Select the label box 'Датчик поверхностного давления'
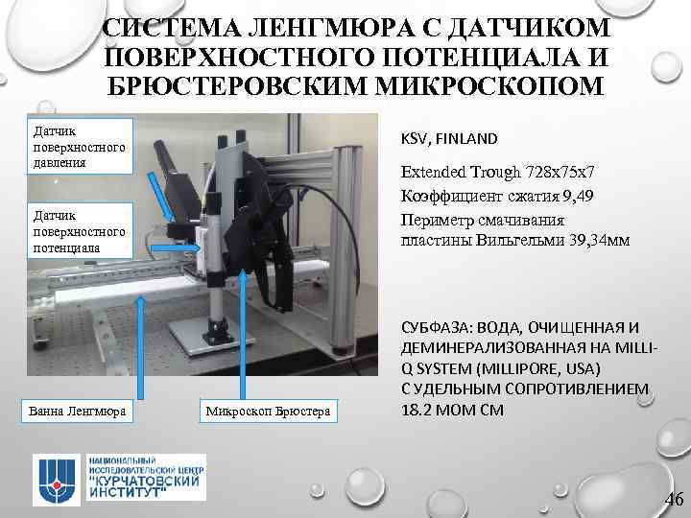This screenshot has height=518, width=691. coord(79,145)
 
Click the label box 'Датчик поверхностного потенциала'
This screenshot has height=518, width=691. coord(79,231)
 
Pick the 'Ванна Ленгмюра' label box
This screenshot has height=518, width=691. coord(79,412)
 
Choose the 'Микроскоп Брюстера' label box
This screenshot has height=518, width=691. coord(267,412)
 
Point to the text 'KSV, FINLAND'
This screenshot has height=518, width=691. coord(451,138)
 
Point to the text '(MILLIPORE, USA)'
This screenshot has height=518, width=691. coord(517,369)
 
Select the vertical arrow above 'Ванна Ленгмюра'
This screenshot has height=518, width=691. coord(142,347)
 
